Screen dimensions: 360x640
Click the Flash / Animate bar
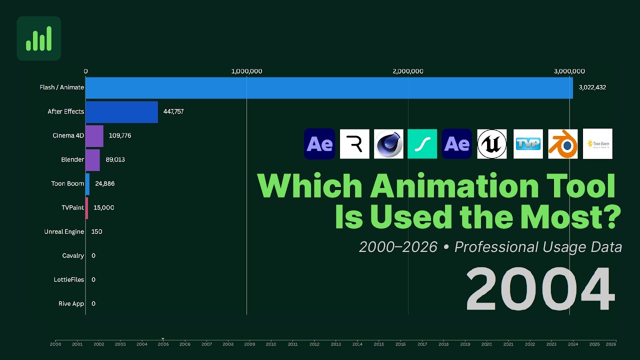click(329, 87)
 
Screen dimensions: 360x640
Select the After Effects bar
click(121, 111)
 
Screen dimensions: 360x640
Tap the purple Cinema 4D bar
click(94, 135)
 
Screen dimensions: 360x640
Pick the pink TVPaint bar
click(87, 207)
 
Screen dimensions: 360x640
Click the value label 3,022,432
click(592, 87)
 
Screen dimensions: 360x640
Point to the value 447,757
click(173, 111)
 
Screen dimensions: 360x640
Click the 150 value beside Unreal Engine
click(96, 231)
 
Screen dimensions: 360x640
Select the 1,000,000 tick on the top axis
click(246, 71)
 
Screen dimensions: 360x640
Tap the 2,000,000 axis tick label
click(408, 71)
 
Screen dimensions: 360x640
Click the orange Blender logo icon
click(562, 144)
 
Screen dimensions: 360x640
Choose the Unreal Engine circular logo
click(491, 144)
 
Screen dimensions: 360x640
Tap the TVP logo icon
click(528, 144)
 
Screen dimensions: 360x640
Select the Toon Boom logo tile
click(597, 144)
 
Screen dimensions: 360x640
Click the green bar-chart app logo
click(39, 38)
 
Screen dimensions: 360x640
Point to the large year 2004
click(539, 289)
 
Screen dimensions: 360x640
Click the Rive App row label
click(71, 303)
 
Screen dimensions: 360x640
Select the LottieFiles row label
click(69, 279)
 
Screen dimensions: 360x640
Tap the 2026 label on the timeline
click(610, 344)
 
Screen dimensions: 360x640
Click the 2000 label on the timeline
click(55, 344)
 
